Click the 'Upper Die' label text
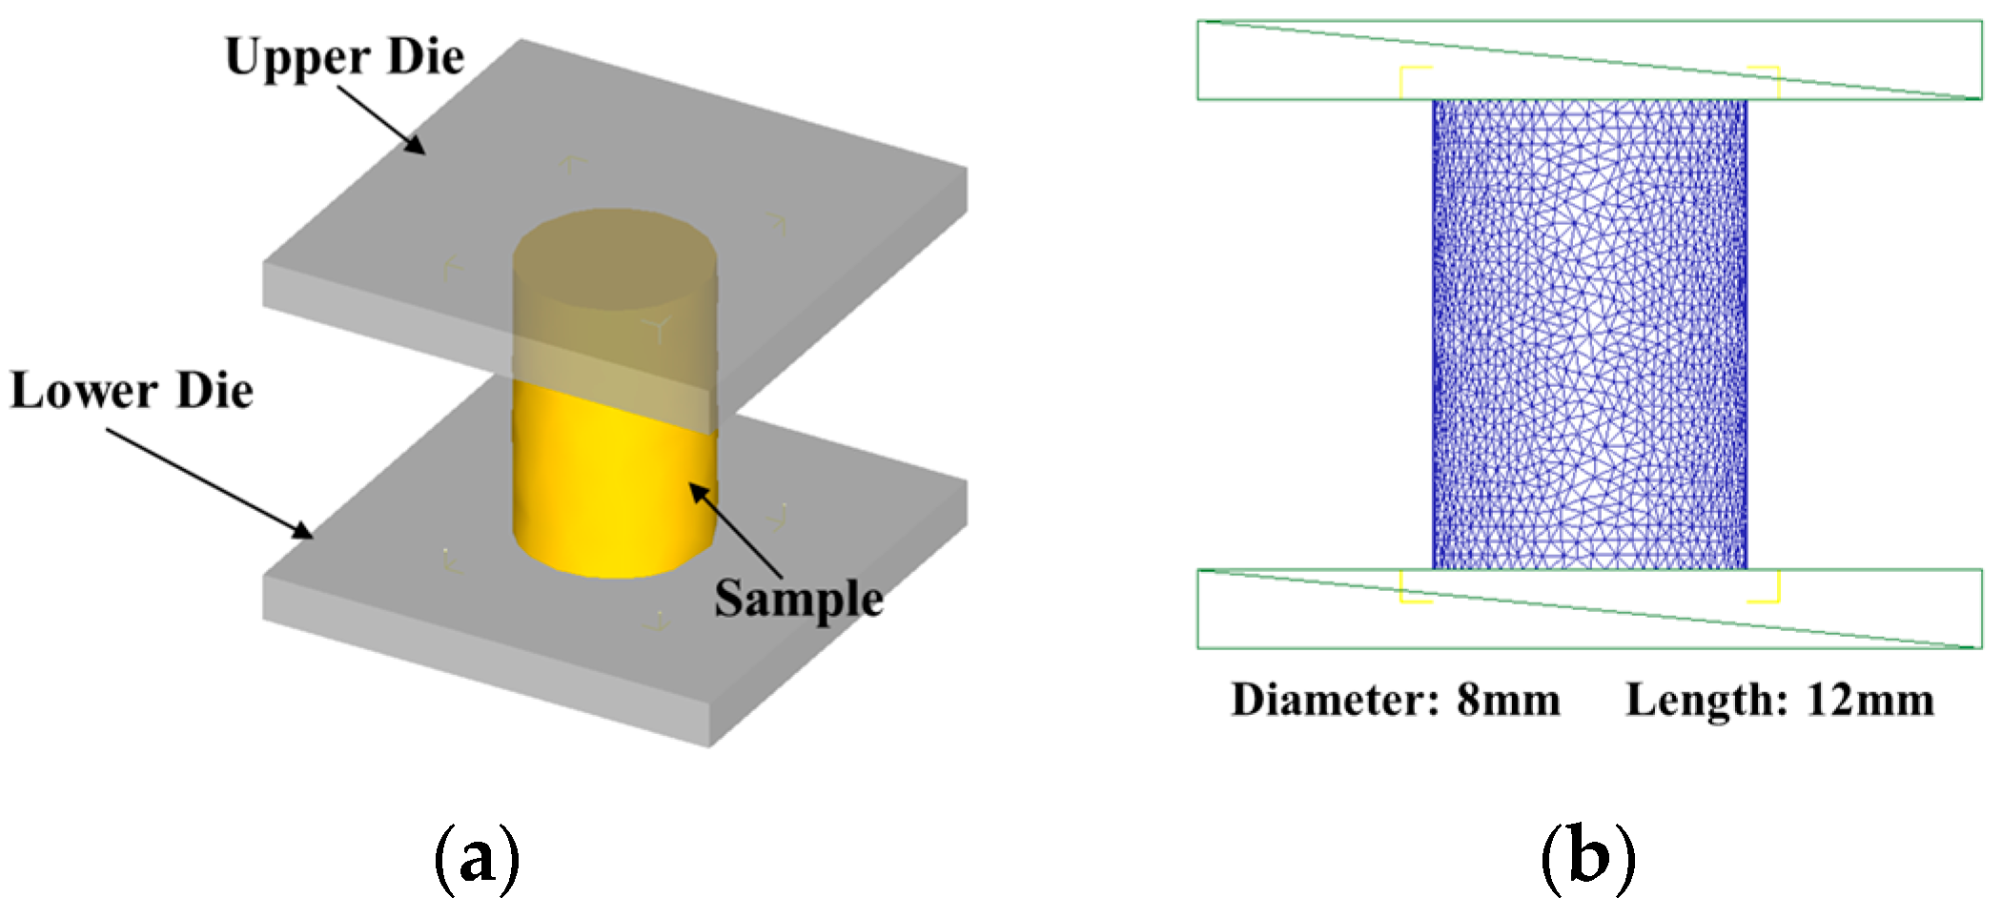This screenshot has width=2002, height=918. (344, 57)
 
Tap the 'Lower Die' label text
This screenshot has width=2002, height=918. (132, 392)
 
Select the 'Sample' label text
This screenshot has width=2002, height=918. (799, 600)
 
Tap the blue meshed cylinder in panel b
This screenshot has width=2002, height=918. (1589, 334)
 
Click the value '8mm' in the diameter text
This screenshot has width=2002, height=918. (1508, 701)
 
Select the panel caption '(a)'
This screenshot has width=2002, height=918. (477, 857)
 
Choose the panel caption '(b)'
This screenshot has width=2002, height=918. (1587, 857)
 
